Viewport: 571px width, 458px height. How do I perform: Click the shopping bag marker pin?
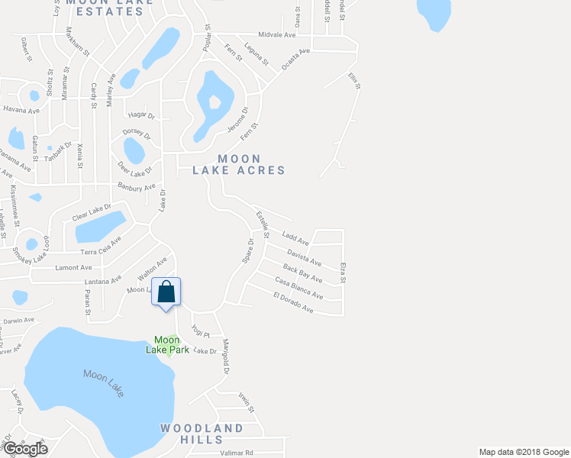tap(166, 293)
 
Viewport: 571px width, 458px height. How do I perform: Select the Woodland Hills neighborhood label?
tap(202, 434)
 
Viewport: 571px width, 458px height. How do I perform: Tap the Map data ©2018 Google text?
tap(523, 452)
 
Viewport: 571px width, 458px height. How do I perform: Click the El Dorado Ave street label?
tap(293, 302)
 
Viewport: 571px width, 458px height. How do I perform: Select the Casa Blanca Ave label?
tap(298, 289)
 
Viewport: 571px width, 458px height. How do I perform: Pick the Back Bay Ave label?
tap(302, 273)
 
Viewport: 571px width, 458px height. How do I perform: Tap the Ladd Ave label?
tap(295, 240)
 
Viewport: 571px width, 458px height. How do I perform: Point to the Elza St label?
tap(344, 273)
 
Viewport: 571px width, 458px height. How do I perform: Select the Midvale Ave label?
tap(277, 35)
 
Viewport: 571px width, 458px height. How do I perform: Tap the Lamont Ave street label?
tap(74, 268)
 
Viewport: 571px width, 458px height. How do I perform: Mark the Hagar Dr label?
tap(141, 115)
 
